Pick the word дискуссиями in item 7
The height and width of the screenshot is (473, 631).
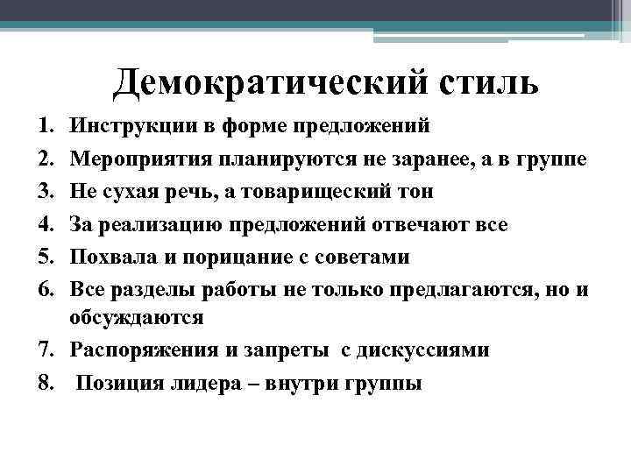[x=439, y=350]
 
